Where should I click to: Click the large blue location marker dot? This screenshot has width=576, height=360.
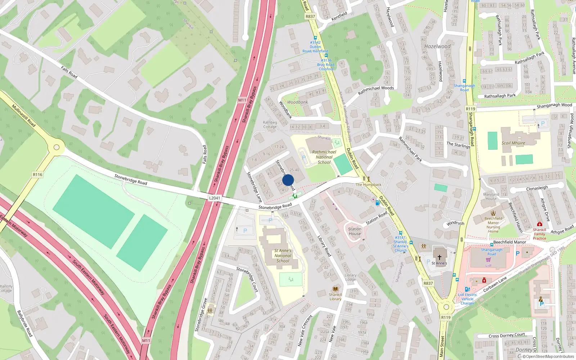[288, 180]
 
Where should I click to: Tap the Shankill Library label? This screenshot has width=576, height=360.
[335, 296]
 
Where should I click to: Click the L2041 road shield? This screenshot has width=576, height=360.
[215, 198]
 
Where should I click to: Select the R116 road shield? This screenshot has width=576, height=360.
[37, 175]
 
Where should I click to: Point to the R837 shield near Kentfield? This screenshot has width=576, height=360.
[310, 17]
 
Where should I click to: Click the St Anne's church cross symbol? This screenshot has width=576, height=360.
[439, 257]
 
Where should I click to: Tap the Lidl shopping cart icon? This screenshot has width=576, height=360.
[489, 260]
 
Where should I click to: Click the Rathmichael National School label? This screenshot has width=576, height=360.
[324, 157]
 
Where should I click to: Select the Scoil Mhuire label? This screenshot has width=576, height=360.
[513, 143]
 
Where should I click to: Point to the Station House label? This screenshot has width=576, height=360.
[355, 231]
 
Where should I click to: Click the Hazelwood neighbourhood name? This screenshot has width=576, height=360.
[437, 46]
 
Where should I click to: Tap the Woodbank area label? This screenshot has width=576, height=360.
[297, 102]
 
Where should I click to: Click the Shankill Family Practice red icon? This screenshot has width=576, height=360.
[539, 224]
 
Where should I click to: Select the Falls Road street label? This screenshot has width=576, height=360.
[69, 72]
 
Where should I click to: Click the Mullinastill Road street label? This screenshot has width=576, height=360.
[24, 116]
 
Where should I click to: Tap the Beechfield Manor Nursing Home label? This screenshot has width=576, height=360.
[493, 225]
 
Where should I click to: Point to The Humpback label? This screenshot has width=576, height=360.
[369, 185]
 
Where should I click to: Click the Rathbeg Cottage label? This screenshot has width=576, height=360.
[270, 125]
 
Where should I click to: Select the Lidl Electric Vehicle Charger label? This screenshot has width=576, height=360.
[467, 299]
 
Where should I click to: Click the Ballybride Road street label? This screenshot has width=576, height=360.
[25, 323]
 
